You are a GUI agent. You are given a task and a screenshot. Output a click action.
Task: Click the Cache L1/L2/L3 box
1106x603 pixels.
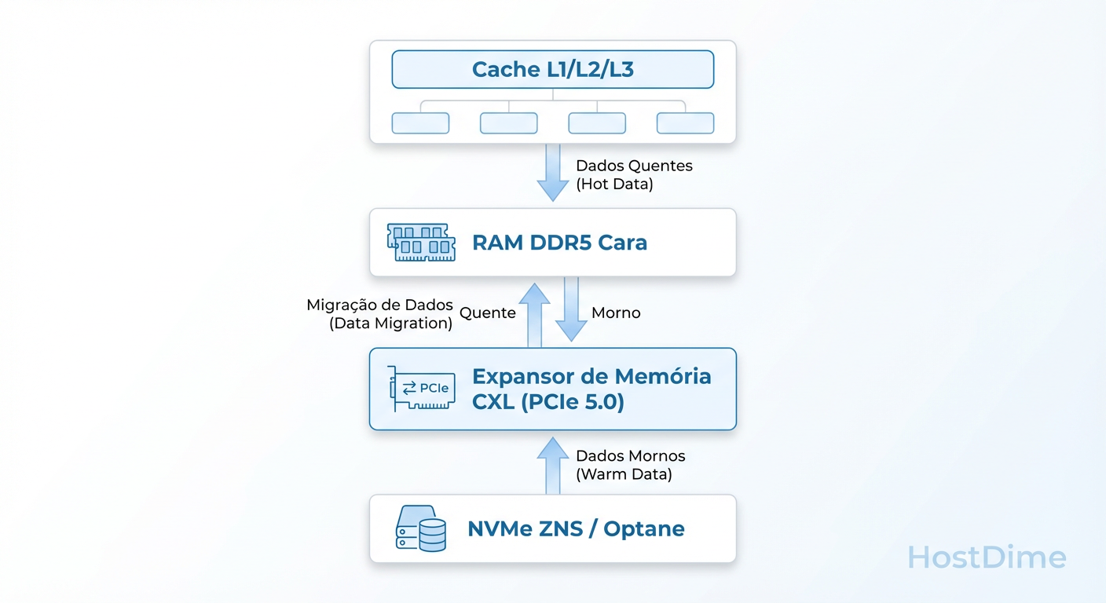pyautogui.click(x=552, y=69)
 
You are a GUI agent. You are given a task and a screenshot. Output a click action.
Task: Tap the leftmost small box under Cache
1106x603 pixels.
pyautogui.click(x=420, y=123)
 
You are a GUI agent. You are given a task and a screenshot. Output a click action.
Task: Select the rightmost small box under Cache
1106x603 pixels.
pyautogui.click(x=685, y=123)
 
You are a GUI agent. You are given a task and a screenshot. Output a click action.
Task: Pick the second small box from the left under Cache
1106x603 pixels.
pyautogui.click(x=508, y=123)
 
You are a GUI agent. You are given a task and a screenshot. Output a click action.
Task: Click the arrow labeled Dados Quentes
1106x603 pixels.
pyautogui.click(x=553, y=175)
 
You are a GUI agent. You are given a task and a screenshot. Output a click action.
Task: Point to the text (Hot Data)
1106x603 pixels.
pyautogui.click(x=614, y=185)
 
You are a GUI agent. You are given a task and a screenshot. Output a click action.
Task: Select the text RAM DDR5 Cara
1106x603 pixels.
pyautogui.click(x=559, y=243)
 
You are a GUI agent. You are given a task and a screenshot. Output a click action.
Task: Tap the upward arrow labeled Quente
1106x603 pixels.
pyautogui.click(x=535, y=315)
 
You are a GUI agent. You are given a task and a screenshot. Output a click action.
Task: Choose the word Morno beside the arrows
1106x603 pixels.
pyautogui.click(x=616, y=313)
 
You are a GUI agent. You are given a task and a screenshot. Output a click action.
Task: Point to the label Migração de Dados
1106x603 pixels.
pyautogui.click(x=379, y=305)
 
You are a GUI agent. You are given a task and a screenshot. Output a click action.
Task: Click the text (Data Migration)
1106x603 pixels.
pyautogui.click(x=390, y=323)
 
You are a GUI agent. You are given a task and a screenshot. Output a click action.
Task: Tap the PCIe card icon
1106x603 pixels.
pyautogui.click(x=423, y=389)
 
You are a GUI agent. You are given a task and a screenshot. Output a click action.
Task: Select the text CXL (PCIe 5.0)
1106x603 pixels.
pyautogui.click(x=548, y=403)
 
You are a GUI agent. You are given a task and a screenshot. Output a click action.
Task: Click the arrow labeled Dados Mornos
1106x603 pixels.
pyautogui.click(x=553, y=466)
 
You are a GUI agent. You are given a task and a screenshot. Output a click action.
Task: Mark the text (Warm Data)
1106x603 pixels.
pyautogui.click(x=624, y=475)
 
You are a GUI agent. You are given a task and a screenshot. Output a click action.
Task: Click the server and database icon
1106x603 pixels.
pyautogui.click(x=421, y=528)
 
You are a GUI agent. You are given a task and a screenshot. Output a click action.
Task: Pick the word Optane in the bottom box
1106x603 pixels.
pyautogui.click(x=644, y=528)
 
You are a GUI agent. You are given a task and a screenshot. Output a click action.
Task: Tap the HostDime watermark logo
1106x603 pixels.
pyautogui.click(x=987, y=557)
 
